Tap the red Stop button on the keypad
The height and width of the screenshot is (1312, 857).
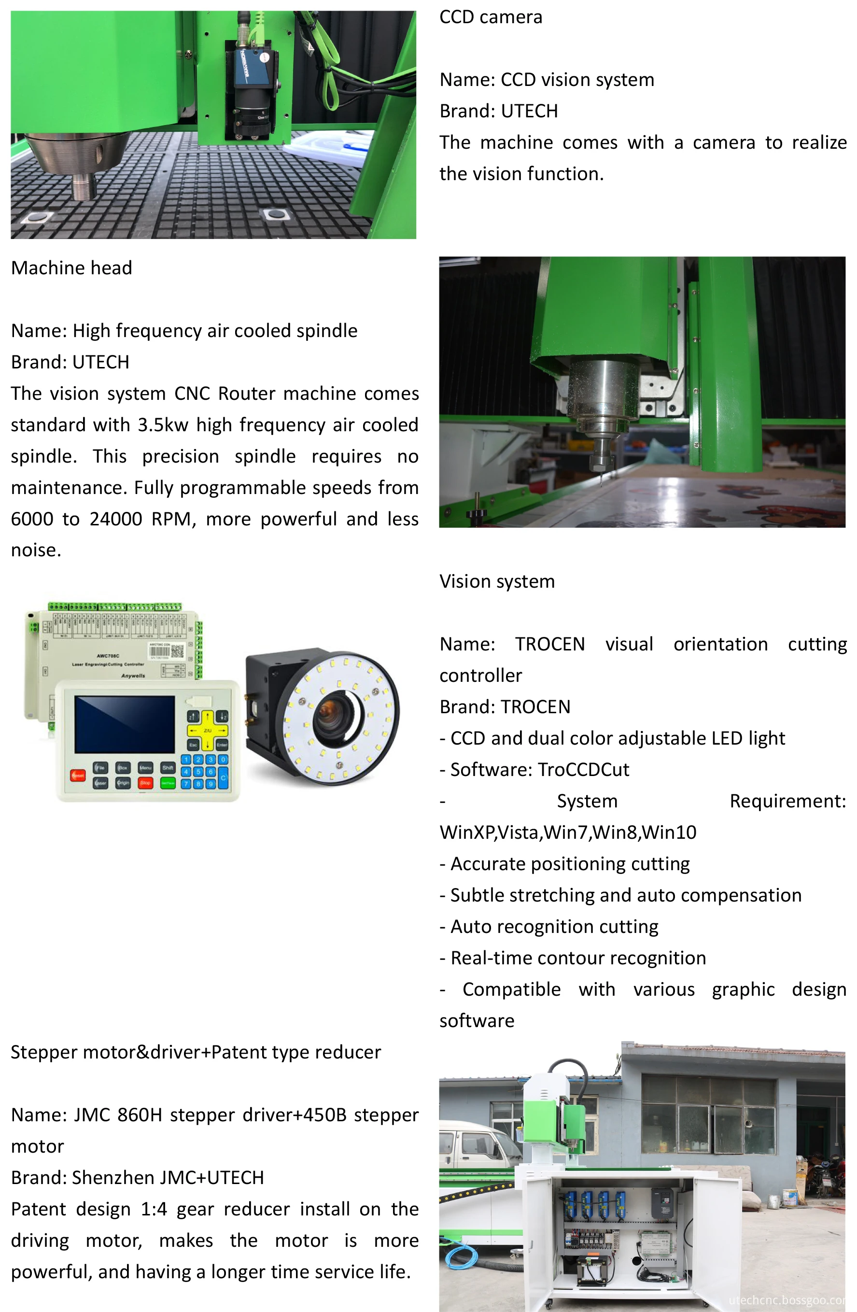point(145,782)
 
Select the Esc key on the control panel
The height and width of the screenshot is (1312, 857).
point(194,744)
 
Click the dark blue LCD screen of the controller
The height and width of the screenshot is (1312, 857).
point(125,724)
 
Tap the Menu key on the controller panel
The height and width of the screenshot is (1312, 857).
point(145,767)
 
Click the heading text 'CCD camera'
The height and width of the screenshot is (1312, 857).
point(491,17)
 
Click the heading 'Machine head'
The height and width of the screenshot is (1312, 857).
point(71,268)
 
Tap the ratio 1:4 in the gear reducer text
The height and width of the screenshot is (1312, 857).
point(154,1209)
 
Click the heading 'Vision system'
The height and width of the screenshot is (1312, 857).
point(496,581)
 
